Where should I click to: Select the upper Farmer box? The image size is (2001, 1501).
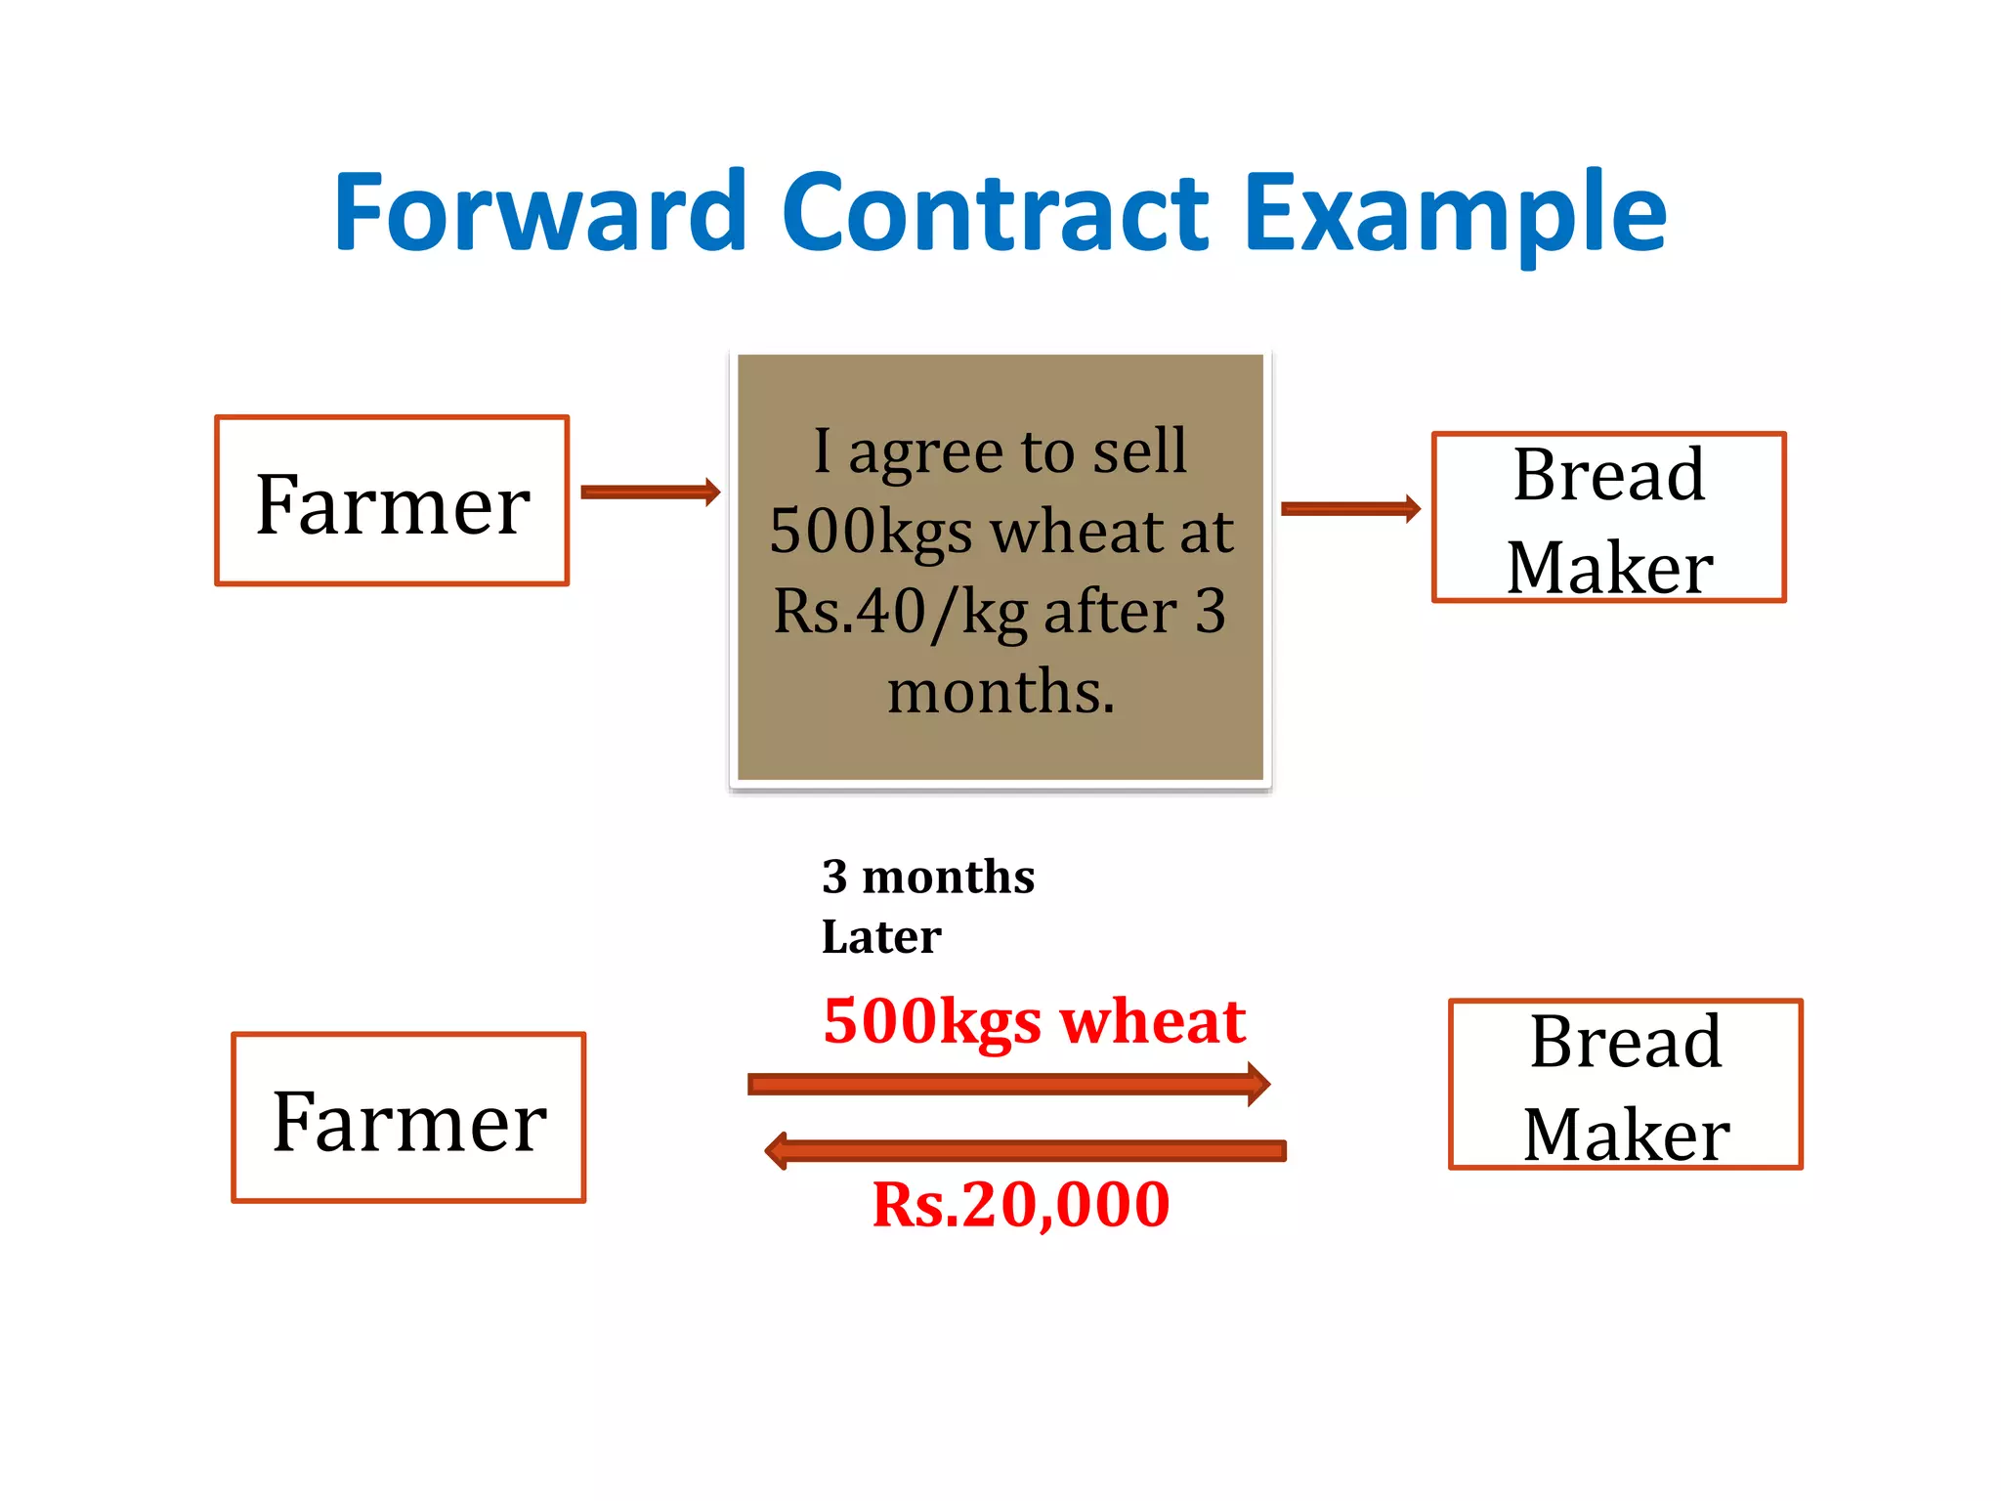(x=392, y=501)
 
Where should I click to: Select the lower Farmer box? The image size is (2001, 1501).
(x=408, y=1118)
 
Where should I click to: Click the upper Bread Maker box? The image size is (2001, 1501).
(x=1609, y=518)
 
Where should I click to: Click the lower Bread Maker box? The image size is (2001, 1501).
(x=1626, y=1085)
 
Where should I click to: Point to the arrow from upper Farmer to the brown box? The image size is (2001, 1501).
(x=650, y=492)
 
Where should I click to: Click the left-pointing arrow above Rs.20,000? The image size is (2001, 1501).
(x=1025, y=1150)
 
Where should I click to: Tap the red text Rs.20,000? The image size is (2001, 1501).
(x=1021, y=1205)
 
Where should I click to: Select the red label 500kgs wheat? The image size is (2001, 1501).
(x=1034, y=1022)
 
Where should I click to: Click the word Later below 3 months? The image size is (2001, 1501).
(x=881, y=937)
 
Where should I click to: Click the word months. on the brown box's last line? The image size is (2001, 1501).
(x=1000, y=692)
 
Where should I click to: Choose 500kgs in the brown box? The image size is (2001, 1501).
(x=872, y=533)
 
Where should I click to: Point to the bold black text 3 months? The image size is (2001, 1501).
(x=928, y=877)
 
